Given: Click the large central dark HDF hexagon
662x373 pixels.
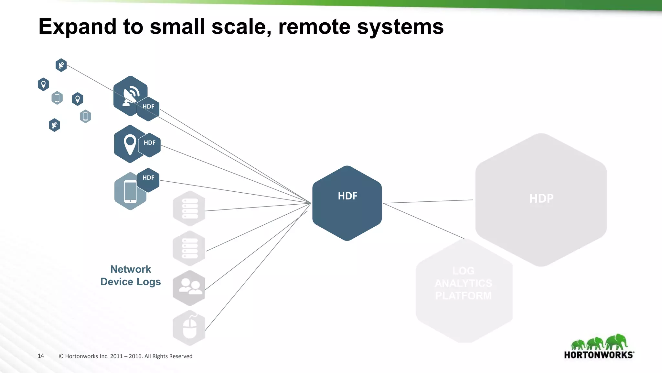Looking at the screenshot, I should click(347, 203).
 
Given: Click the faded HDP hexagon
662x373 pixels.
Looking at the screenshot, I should click(541, 199).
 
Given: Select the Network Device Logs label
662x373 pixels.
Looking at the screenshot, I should click(131, 276).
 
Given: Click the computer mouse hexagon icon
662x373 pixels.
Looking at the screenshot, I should click(189, 328).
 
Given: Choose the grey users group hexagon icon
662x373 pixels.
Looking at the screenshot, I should click(189, 288).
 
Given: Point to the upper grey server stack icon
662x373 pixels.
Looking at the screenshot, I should click(189, 208).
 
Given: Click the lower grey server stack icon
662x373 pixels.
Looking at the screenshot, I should click(189, 248).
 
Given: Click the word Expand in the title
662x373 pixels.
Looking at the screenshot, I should click(77, 27).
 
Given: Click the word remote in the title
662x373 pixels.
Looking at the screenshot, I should click(314, 27).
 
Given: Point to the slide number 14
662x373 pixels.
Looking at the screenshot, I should click(41, 356).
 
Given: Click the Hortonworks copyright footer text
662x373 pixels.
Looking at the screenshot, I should click(125, 356).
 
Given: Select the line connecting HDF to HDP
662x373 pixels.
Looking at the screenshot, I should click(428, 201).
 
